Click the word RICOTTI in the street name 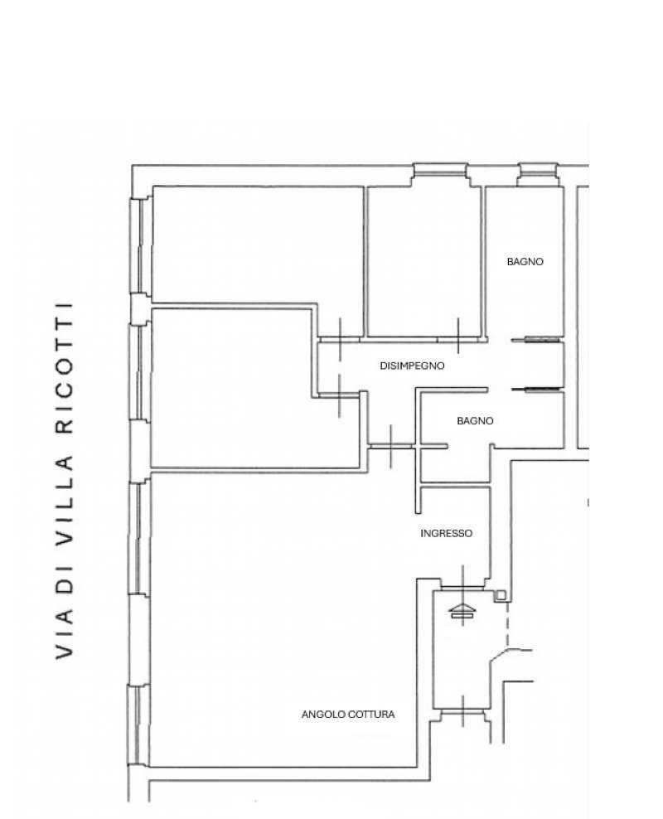click(64, 368)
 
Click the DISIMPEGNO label click(412, 366)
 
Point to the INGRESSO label click(447, 533)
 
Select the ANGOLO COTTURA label click(348, 714)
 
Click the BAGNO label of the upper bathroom click(525, 262)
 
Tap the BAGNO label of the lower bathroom click(475, 421)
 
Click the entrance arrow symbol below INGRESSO click(462, 611)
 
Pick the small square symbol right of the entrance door click(501, 595)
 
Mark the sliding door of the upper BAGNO click(537, 340)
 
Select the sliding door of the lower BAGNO click(537, 389)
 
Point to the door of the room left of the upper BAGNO click(458, 337)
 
